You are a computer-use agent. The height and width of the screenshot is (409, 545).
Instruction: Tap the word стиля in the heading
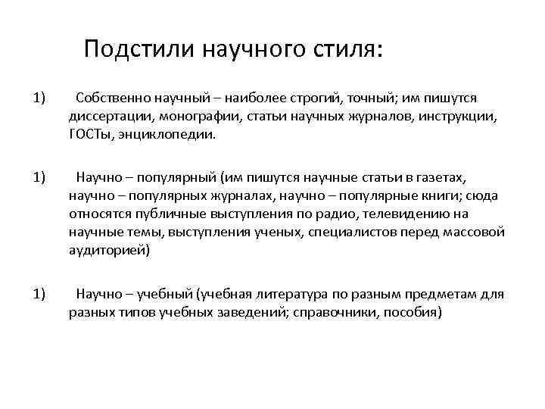(x=347, y=49)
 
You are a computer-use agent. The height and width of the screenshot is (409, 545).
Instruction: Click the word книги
(x=440, y=195)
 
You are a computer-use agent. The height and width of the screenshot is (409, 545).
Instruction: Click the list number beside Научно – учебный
(x=39, y=293)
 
